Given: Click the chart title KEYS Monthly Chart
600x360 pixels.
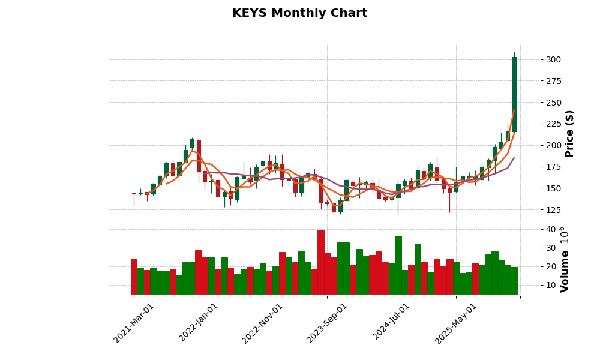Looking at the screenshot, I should pyautogui.click(x=299, y=13).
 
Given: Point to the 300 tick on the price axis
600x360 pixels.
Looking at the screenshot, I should pyautogui.click(x=554, y=59).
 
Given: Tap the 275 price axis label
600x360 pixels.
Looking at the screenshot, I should pyautogui.click(x=554, y=81).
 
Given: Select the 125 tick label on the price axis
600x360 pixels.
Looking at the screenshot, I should pyautogui.click(x=554, y=210).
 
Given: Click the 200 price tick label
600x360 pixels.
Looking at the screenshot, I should pyautogui.click(x=554, y=145).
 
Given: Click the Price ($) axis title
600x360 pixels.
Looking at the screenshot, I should pyautogui.click(x=570, y=133).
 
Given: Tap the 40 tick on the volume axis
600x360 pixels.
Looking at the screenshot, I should pyautogui.click(x=550, y=229).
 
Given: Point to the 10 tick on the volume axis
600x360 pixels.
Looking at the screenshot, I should pyautogui.click(x=550, y=285).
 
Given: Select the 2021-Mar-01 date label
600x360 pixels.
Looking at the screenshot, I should pyautogui.click(x=134, y=323).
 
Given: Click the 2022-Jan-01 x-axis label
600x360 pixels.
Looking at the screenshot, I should pyautogui.click(x=199, y=323).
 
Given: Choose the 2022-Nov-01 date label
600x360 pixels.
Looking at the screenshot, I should pyautogui.click(x=263, y=323).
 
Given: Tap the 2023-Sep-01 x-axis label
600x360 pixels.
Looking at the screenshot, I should pyautogui.click(x=327, y=323).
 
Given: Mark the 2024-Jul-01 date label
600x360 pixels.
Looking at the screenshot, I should pyautogui.click(x=391, y=323).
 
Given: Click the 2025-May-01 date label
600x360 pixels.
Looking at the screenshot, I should pyautogui.click(x=456, y=323).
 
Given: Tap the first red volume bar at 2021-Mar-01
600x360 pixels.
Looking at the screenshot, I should pyautogui.click(x=134, y=277).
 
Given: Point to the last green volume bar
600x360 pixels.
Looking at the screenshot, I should pyautogui.click(x=514, y=281).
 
